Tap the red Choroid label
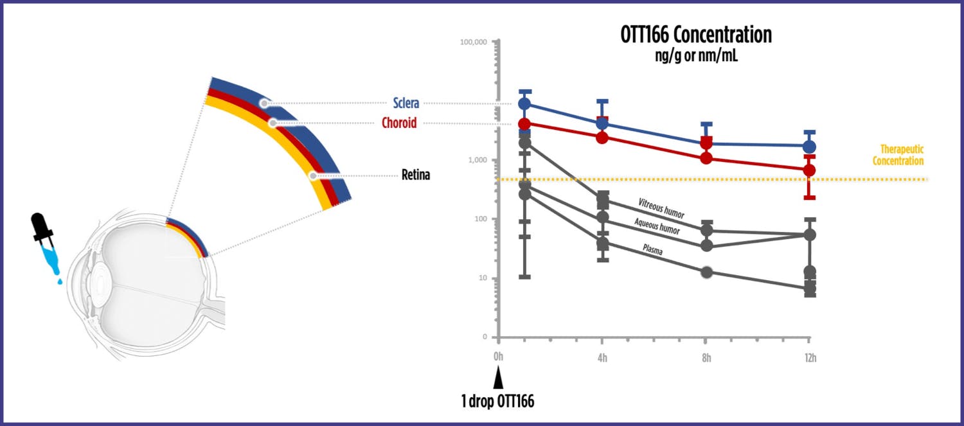(399, 123)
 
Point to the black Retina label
(415, 175)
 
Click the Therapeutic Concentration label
(898, 155)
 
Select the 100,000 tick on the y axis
(472, 42)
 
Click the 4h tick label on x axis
(602, 357)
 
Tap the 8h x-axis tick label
(706, 357)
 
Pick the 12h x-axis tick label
(810, 357)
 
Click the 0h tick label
(498, 357)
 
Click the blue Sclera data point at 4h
(602, 123)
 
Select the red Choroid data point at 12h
(810, 170)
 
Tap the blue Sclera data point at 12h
(810, 146)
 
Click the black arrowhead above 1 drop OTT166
(498, 380)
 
